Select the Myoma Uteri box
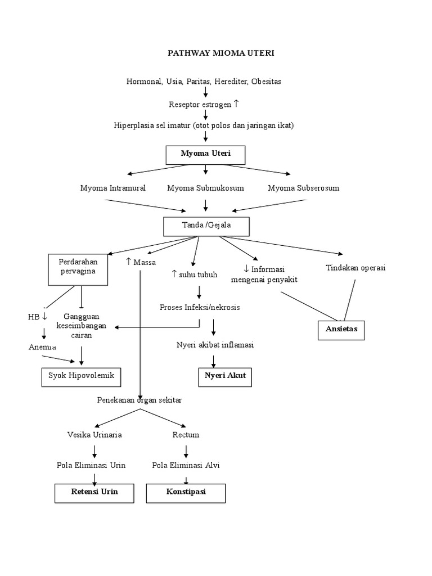pos(205,154)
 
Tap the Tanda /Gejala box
pos(206,226)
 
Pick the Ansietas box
pos(341,328)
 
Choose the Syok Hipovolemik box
pos(82,376)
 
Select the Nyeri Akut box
pos(224,376)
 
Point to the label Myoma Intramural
pos(112,188)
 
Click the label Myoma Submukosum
pos(205,188)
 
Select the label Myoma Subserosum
pos(303,188)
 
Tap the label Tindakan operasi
pos(355,268)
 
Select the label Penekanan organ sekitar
pos(139,400)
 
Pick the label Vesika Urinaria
pos(94,435)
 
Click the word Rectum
pos(186,435)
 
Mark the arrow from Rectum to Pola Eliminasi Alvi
pos(186,451)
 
